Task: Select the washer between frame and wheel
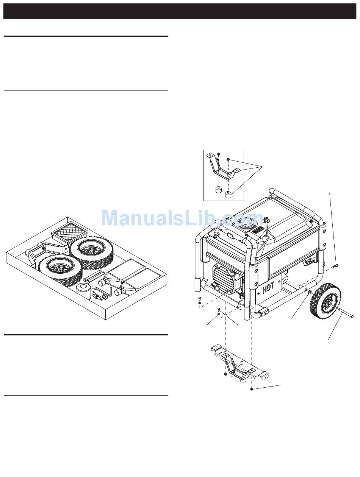tap(310, 293)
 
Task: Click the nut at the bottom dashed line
tap(251, 389)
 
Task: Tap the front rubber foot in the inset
tap(228, 195)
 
